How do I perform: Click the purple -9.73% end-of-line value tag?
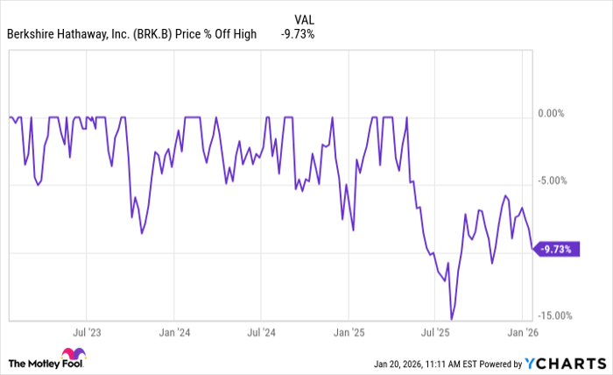pyautogui.click(x=555, y=250)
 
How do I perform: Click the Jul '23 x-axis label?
pyautogui.click(x=87, y=333)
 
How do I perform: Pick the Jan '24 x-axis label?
pyautogui.click(x=173, y=333)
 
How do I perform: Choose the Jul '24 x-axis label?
pyautogui.click(x=261, y=333)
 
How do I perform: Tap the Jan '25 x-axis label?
pyautogui.click(x=349, y=333)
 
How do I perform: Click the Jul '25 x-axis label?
pyautogui.click(x=436, y=333)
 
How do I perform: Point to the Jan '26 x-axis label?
pyautogui.click(x=523, y=333)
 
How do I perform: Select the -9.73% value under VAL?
pyautogui.click(x=298, y=34)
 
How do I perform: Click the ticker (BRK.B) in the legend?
pyautogui.click(x=154, y=34)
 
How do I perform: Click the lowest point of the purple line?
pyautogui.click(x=451, y=319)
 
